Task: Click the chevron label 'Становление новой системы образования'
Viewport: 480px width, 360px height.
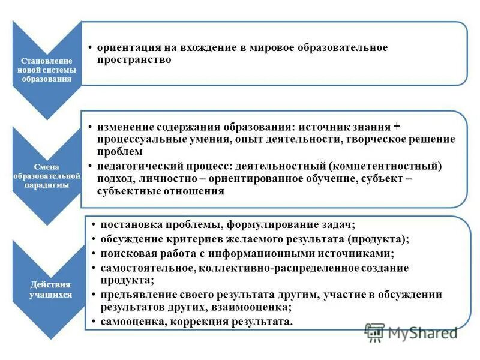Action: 46,70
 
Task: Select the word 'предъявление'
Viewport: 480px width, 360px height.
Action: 133,295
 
